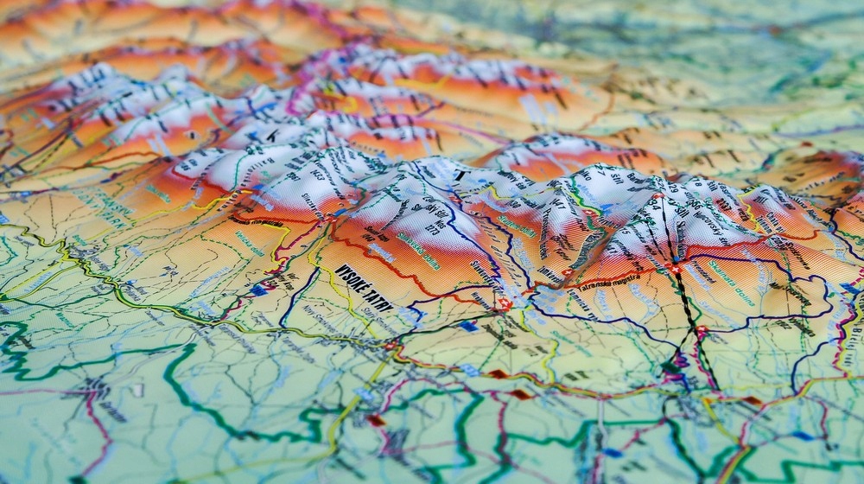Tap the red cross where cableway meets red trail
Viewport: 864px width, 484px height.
[x=674, y=270]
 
